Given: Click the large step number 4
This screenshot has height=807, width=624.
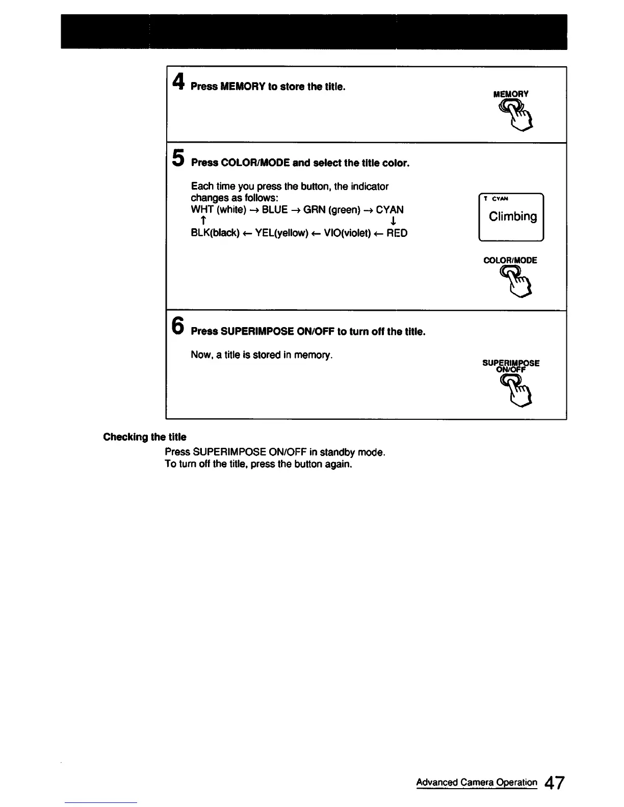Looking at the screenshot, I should pos(178,82).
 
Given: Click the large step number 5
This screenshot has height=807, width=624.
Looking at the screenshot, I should pos(178,157).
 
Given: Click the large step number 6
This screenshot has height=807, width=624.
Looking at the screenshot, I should pos(178,326).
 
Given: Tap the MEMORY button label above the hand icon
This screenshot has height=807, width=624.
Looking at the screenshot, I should pos(511,94).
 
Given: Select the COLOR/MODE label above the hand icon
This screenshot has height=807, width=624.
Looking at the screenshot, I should pos(510,260).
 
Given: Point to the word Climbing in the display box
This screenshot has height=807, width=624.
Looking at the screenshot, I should pos(512,217).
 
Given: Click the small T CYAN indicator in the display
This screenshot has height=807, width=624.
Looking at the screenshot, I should pos(496,199).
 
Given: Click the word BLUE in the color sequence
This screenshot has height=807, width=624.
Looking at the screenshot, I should pos(275,210).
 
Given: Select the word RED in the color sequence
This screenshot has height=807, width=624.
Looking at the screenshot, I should pos(397,233).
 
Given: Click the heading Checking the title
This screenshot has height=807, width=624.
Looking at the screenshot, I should pos(145,437).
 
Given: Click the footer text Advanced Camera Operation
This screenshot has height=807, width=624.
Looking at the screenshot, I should pos(477,783).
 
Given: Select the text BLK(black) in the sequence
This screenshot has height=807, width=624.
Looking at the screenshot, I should pos(215,233).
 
